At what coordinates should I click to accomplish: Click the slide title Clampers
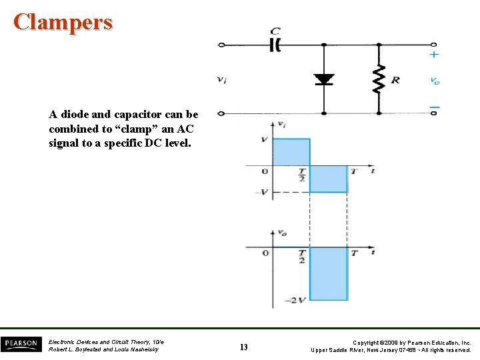coord(63,22)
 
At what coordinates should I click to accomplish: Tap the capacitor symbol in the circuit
coord(275,45)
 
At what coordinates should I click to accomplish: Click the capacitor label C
coord(275,31)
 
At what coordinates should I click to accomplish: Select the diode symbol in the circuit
coord(324,79)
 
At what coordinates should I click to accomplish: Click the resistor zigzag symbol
coord(379,79)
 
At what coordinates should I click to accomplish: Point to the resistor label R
coord(395,80)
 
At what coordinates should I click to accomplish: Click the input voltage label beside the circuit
coord(222,79)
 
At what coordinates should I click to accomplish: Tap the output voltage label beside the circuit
coord(435,81)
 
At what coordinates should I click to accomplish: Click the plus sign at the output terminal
coord(434,55)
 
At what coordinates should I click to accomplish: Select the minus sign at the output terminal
coord(434,106)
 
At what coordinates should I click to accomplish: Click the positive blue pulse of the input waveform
coord(291,152)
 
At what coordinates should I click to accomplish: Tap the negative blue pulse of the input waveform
coord(329,179)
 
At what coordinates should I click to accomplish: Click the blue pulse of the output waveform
coord(329,273)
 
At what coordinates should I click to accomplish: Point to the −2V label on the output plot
coord(297,301)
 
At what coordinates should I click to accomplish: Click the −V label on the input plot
coord(263,193)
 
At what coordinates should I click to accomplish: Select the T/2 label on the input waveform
coord(302,175)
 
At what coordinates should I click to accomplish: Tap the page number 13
coord(243,347)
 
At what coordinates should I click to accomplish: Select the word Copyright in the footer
coord(369,342)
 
